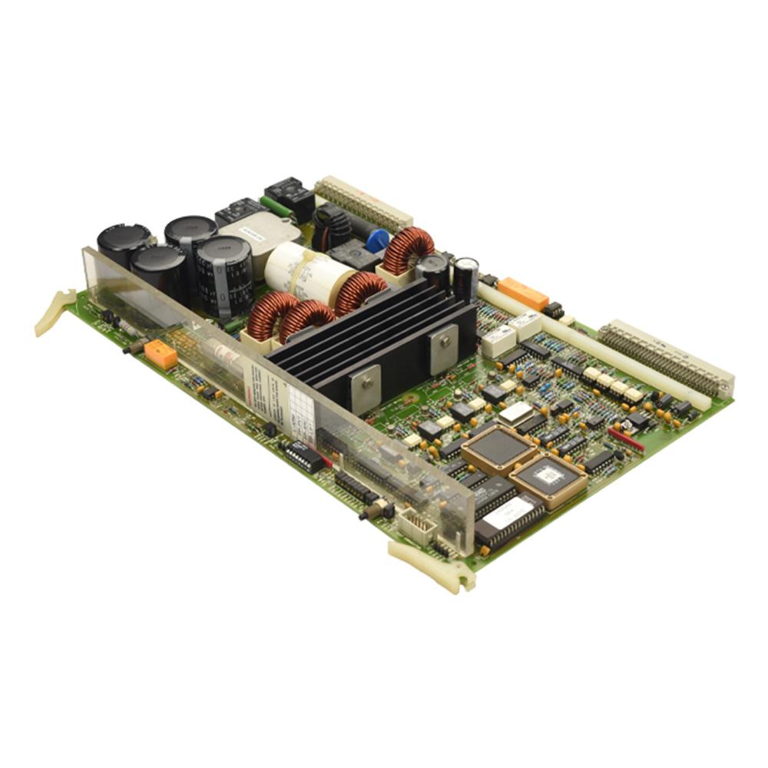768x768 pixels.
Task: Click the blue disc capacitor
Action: [x=376, y=240]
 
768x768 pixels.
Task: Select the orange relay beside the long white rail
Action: [x=522, y=293]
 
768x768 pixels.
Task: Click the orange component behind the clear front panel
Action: [x=161, y=354]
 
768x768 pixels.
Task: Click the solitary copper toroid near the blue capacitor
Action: [x=408, y=250]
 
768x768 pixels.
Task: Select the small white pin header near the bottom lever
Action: [x=416, y=525]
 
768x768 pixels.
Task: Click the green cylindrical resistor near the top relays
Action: [x=276, y=207]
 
